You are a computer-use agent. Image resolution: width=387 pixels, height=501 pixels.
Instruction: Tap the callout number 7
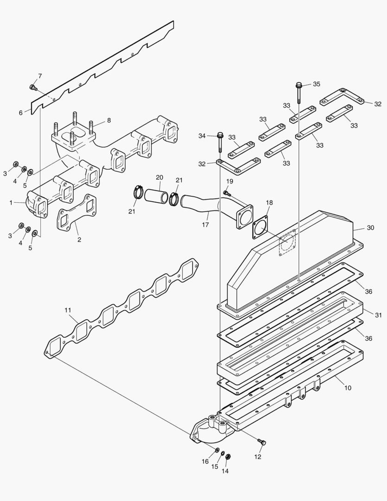pos(40,76)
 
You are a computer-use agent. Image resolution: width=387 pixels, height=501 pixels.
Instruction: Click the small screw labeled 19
pos(226,193)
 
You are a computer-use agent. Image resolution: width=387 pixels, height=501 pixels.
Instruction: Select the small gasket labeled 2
pos(77,218)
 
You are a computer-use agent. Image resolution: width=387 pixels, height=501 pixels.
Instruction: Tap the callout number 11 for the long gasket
pos(68,309)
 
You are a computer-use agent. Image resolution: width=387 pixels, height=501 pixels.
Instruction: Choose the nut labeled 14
pos(228,457)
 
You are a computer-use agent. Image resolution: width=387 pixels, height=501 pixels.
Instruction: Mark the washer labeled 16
pos(217,450)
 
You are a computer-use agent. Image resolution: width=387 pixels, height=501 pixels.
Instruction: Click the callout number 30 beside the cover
pos(370,228)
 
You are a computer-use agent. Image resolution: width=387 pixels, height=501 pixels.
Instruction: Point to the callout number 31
pos(378,315)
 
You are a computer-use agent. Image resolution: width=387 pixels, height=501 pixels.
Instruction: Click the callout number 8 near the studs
pos(109,120)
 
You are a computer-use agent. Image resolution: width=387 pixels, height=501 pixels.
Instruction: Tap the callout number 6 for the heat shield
pos(20,113)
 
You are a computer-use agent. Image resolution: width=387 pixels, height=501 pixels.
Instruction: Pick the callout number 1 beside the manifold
pos(11,202)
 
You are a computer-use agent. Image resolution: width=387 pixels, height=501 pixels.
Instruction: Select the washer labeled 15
pos(222,454)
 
